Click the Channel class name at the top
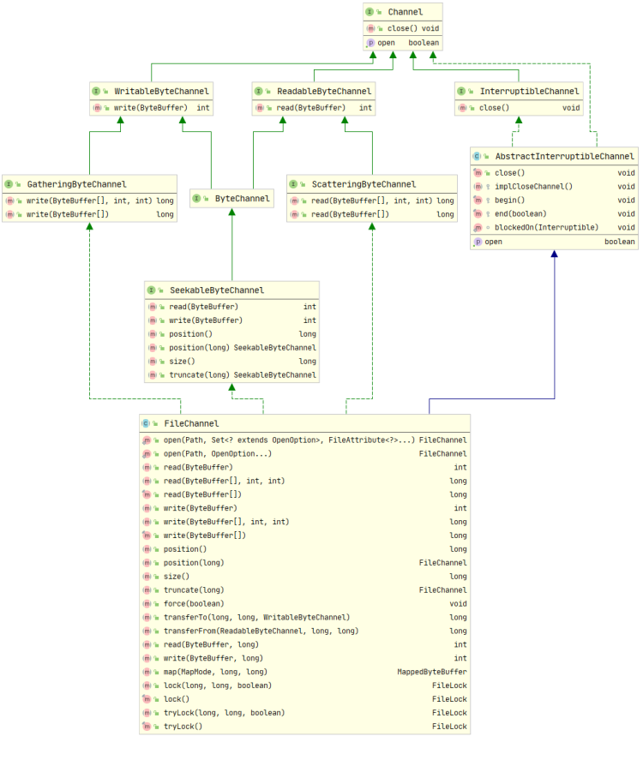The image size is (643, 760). tap(405, 12)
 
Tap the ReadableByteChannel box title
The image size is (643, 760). tap(324, 91)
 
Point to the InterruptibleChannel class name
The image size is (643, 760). tap(530, 91)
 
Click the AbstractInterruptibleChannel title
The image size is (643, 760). tap(565, 156)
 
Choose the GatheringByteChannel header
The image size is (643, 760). tap(76, 184)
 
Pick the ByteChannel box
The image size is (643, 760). tap(243, 198)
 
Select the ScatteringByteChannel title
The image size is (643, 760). tap(364, 184)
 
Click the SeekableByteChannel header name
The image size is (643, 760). tap(216, 290)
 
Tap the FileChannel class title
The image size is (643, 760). tap(191, 423)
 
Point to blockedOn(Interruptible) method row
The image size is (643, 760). tap(545, 227)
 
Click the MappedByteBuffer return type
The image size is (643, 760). tap(432, 672)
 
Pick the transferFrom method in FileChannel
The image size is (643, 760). tap(261, 631)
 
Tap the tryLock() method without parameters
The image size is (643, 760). tap(183, 727)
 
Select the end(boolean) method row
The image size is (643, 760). tap(520, 213)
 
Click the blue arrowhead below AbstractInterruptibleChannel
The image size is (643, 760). tap(555, 254)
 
